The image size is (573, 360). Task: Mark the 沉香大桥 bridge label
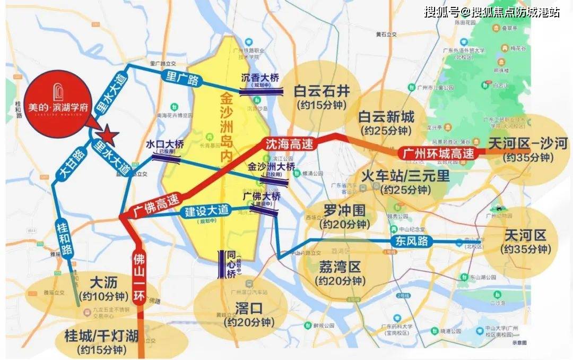(x=260, y=78)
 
